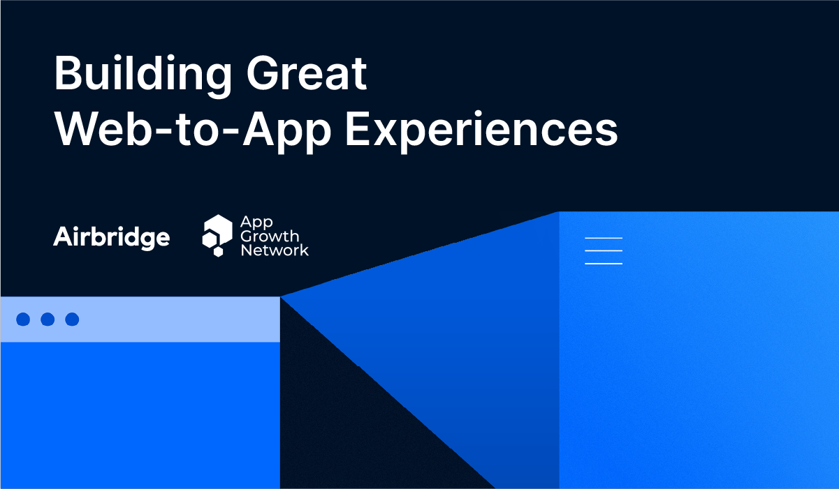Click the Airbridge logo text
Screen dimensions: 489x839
click(x=112, y=237)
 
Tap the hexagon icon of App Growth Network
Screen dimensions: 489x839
click(x=217, y=235)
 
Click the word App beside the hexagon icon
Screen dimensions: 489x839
click(x=256, y=222)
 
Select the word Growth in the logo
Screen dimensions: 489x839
click(x=270, y=236)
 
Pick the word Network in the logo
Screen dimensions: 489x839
click(x=275, y=250)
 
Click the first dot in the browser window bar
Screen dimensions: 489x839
click(x=23, y=319)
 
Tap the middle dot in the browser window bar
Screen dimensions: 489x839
click(x=48, y=319)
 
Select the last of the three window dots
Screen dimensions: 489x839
click(x=72, y=319)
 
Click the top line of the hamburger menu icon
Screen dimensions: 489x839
click(x=603, y=238)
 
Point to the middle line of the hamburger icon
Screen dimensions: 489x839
click(x=603, y=250)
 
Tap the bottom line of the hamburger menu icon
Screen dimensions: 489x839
click(x=603, y=264)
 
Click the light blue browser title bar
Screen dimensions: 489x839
click(x=175, y=319)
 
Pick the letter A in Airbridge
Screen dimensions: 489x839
click(x=63, y=237)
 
